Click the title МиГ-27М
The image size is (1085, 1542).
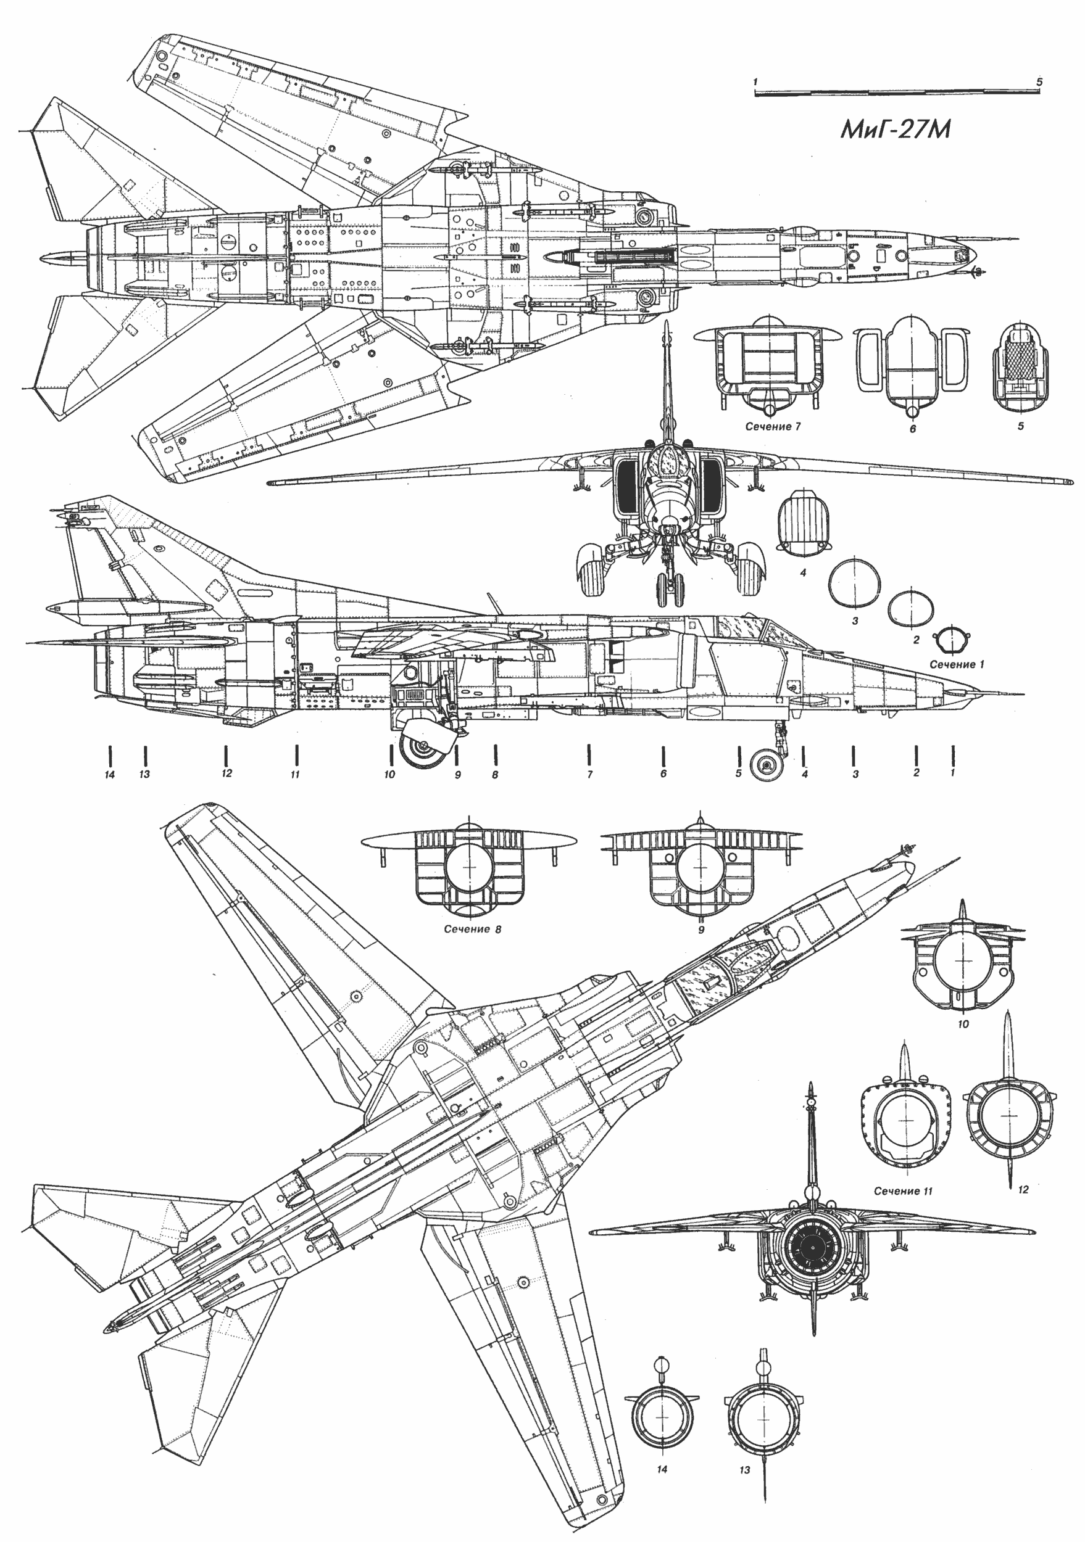[896, 128]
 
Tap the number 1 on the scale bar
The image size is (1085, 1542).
[756, 81]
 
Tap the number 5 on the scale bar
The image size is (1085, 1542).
[1039, 81]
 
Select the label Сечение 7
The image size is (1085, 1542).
[773, 426]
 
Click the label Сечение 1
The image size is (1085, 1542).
[957, 664]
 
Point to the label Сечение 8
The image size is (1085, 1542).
[472, 930]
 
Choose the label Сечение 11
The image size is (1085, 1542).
[903, 1192]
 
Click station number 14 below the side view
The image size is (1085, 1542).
[109, 774]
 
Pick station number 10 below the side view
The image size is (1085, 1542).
[389, 774]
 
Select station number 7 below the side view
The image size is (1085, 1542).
[589, 774]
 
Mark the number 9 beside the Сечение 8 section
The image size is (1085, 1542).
[700, 930]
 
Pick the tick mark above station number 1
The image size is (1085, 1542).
[953, 753]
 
